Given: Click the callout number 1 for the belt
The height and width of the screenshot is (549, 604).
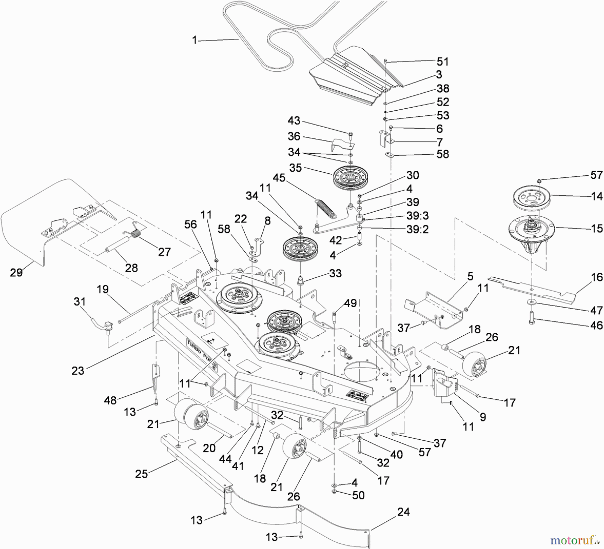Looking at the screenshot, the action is (194, 40).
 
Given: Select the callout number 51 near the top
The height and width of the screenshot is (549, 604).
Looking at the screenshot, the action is (443, 62).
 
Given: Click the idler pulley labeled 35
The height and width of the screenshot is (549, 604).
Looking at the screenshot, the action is (350, 177).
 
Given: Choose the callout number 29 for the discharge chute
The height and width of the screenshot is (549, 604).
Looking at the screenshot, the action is (16, 272).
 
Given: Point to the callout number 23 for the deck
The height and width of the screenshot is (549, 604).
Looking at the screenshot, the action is (78, 371).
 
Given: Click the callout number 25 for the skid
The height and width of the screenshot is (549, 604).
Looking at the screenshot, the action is (141, 474).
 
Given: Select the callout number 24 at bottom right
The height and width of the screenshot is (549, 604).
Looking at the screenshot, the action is (403, 512).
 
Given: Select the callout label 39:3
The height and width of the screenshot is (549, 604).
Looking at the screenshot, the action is (417, 216).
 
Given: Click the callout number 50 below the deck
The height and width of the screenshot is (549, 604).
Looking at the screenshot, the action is (358, 495).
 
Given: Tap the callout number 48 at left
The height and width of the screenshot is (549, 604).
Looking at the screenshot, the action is (110, 400).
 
